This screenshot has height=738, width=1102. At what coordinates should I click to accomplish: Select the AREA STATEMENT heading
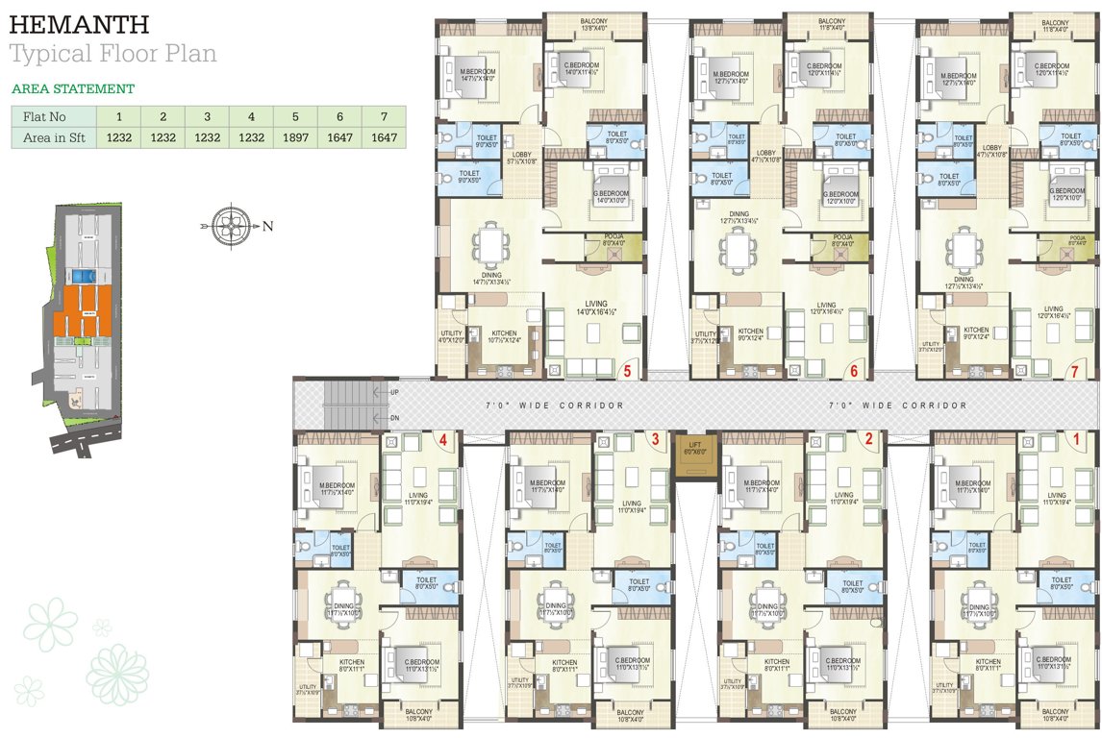tap(72, 88)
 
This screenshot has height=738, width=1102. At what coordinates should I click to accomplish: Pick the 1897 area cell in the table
tap(294, 137)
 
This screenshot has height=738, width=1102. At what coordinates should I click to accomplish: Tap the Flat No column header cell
tap(54, 116)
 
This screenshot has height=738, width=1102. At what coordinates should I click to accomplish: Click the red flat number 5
tap(627, 369)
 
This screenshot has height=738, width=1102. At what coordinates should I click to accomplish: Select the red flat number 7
tap(1074, 369)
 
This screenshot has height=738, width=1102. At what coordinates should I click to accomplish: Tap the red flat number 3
tap(654, 439)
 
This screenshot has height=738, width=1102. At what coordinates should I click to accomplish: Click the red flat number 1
tap(1076, 439)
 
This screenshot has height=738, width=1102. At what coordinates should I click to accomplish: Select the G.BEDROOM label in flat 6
tap(839, 197)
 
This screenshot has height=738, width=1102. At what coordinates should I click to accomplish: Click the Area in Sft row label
tap(54, 137)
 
